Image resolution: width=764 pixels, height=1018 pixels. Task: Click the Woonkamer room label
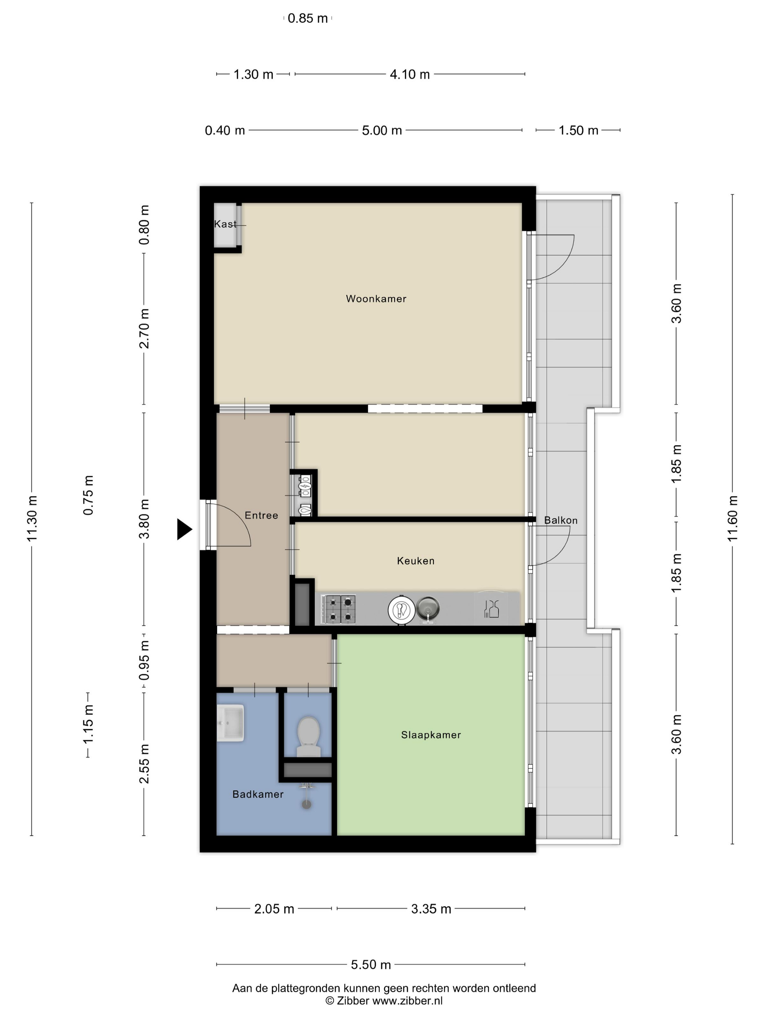376,299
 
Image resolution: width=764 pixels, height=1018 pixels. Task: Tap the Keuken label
415,561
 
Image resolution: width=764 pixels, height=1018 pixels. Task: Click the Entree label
261,516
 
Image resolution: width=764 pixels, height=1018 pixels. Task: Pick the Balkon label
561,520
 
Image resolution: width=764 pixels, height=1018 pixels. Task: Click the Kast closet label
225,224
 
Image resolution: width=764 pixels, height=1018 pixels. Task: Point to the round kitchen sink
428,608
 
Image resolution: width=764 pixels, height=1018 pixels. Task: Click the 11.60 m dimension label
732,519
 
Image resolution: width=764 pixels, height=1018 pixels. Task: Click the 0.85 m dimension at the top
308,19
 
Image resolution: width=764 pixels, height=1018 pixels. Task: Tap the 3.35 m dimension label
431,909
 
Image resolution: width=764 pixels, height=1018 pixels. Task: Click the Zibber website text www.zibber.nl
407,1001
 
